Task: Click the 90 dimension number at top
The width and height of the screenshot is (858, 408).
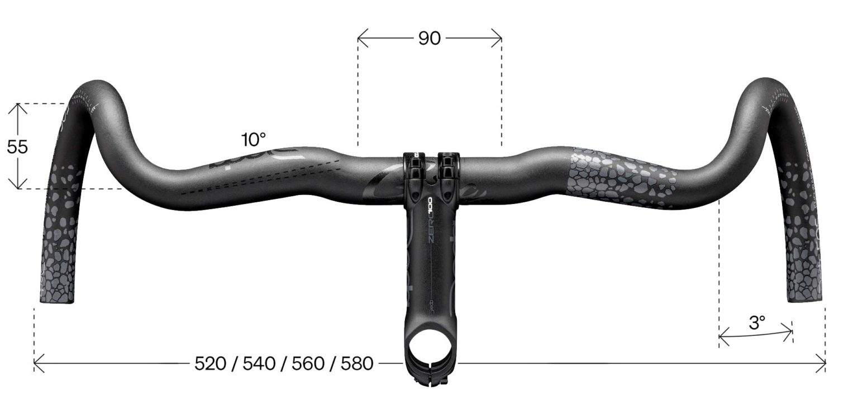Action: (x=429, y=38)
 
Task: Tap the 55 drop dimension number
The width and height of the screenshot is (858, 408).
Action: (x=17, y=147)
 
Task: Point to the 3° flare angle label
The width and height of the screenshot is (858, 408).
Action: (x=757, y=322)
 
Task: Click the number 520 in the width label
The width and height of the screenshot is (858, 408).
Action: (x=210, y=364)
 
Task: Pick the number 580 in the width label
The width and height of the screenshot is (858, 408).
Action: (x=356, y=364)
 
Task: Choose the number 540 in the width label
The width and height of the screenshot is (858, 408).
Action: (x=259, y=364)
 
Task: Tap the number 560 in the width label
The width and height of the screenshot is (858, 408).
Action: (x=308, y=364)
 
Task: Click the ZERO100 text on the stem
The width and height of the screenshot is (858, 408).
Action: (x=435, y=224)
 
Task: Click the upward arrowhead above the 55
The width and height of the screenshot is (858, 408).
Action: (x=18, y=107)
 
